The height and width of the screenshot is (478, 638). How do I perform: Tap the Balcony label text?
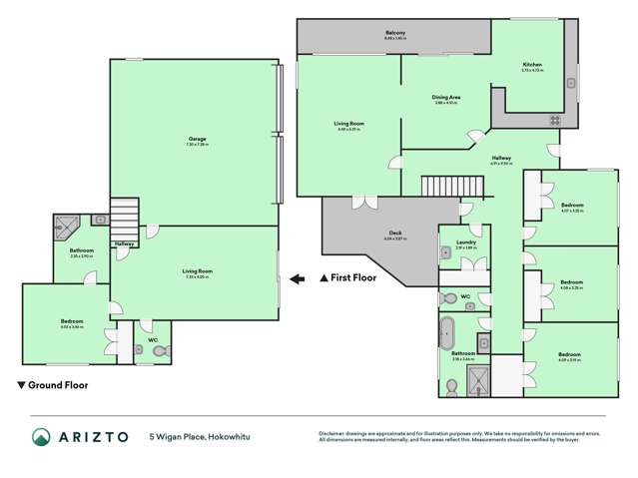(395, 33)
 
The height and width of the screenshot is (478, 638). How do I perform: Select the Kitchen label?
(531, 64)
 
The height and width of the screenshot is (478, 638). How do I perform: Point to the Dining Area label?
(445, 97)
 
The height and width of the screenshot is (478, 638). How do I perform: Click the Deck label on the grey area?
(368, 234)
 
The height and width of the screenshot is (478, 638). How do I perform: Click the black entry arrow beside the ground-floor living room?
(298, 278)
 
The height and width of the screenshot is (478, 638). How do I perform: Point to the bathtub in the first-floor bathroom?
(447, 331)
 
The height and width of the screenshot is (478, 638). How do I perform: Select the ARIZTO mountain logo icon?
(41, 436)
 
